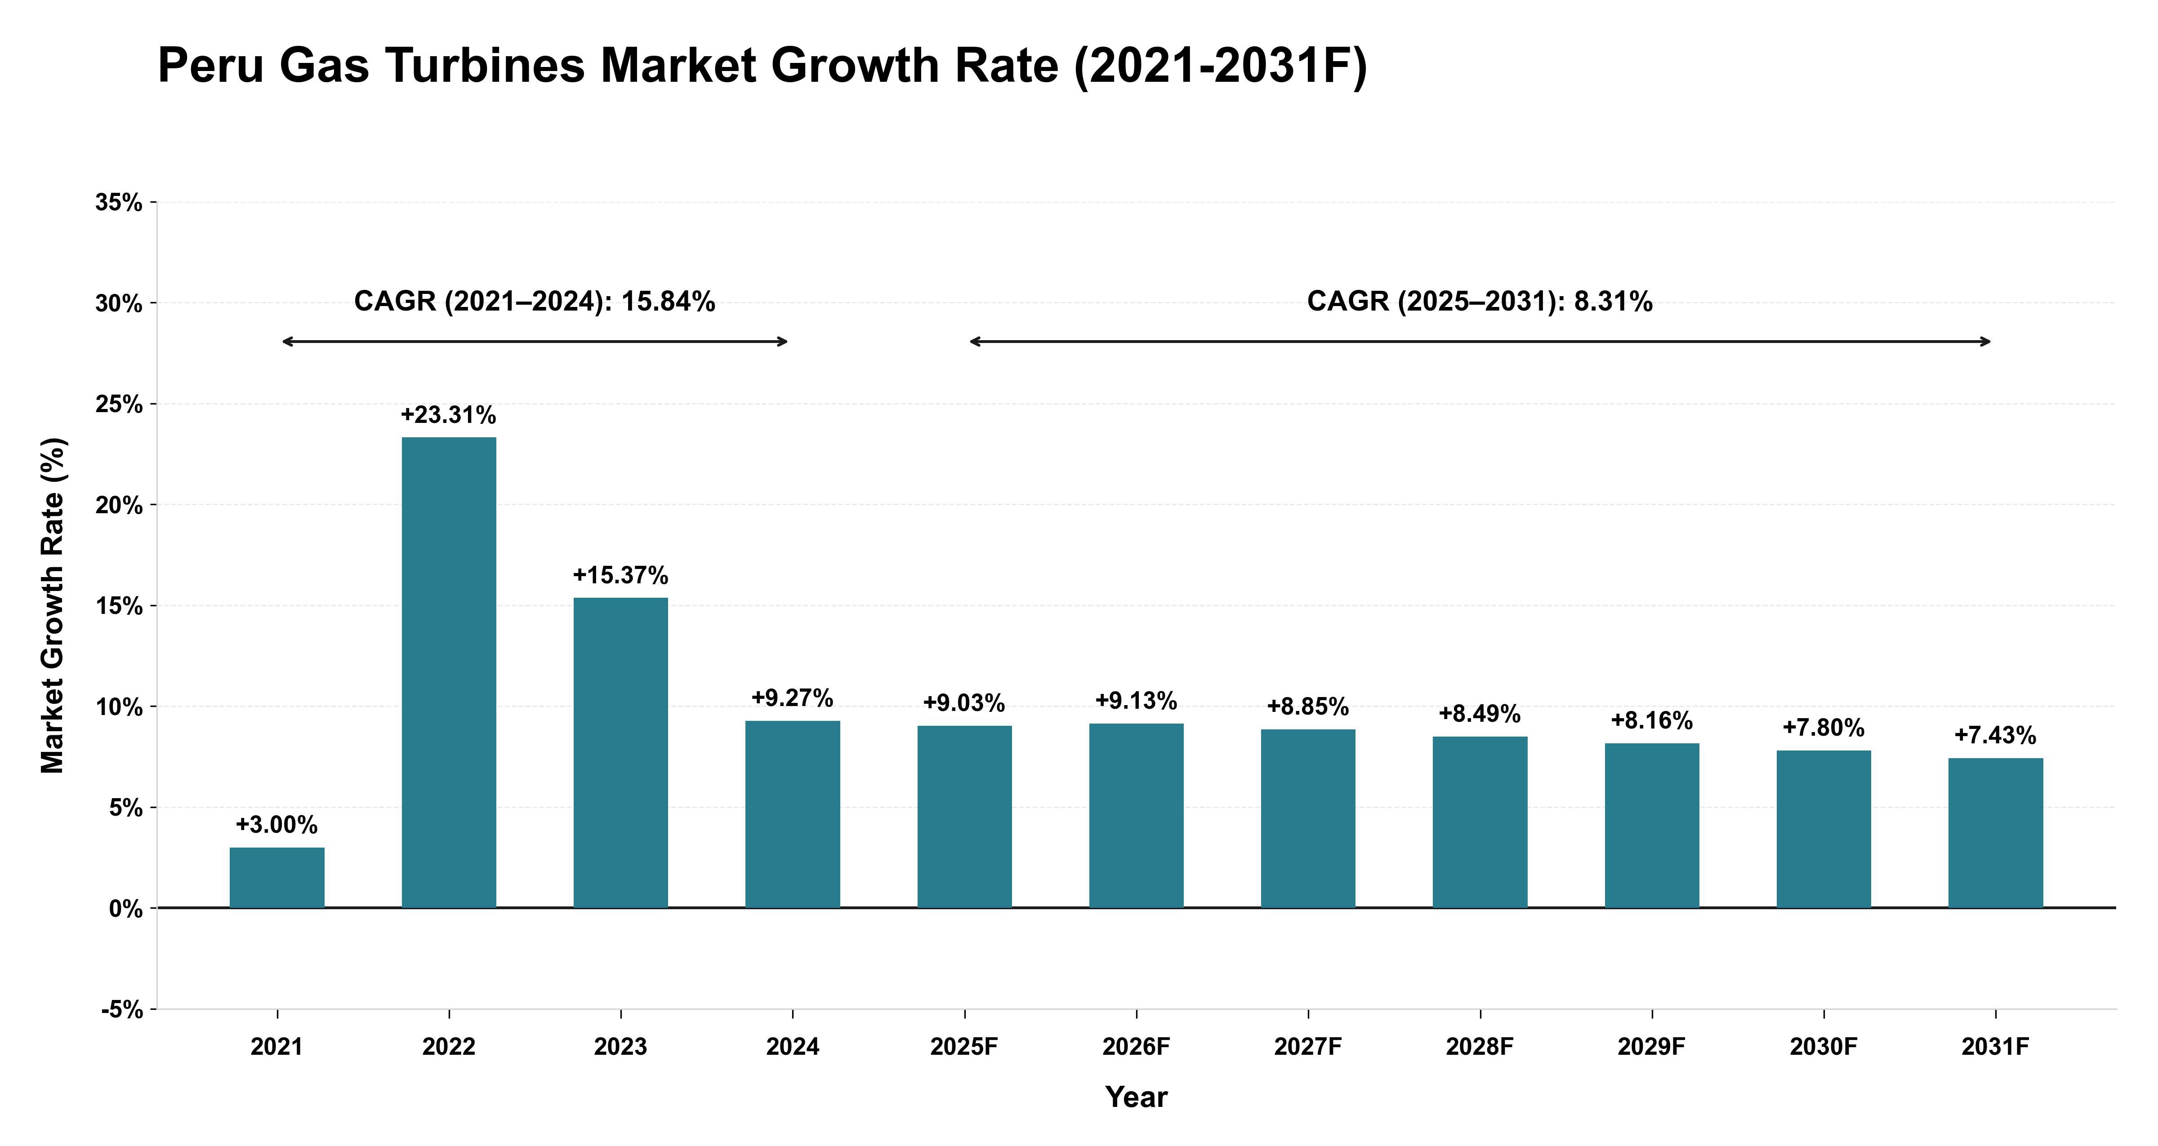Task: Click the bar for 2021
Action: pyautogui.click(x=277, y=878)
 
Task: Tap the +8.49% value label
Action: pyautogui.click(x=1480, y=714)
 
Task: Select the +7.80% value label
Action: pyautogui.click(x=1824, y=727)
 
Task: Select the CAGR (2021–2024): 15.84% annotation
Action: pyautogui.click(x=535, y=302)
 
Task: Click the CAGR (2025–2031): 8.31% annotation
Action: pyautogui.click(x=1480, y=302)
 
